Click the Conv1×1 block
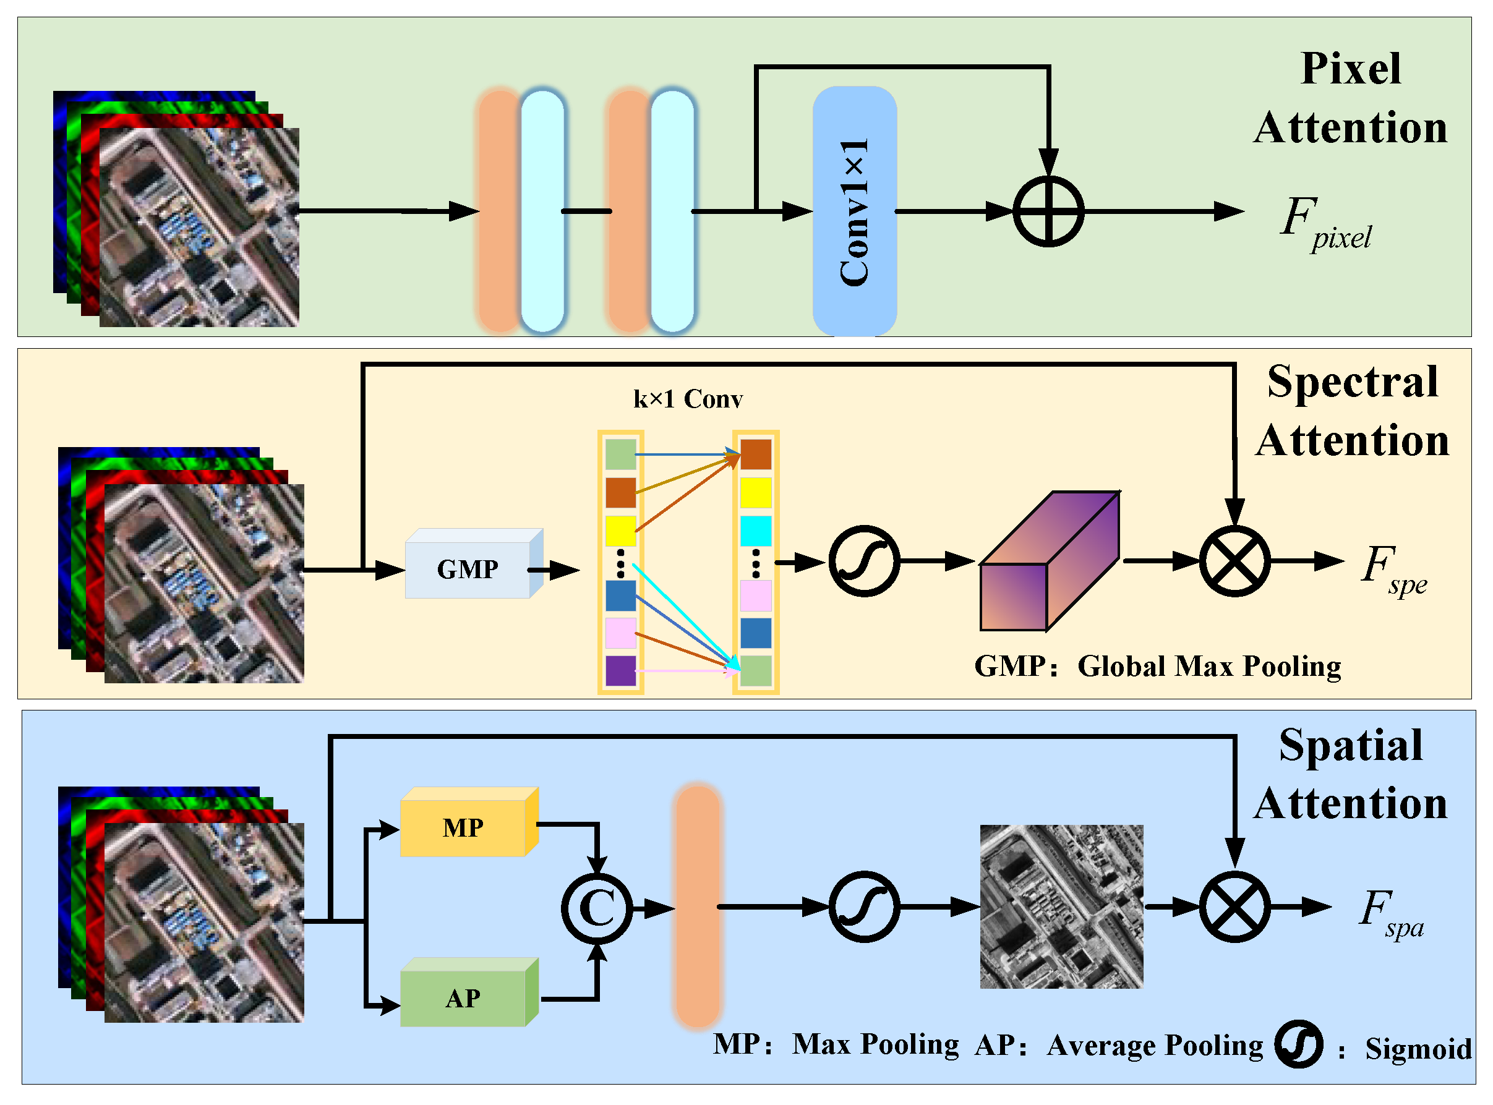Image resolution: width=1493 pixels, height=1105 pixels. pos(854,211)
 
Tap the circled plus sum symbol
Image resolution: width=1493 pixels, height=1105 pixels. pos(1048,211)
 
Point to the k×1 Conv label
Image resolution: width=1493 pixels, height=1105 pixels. pos(688,399)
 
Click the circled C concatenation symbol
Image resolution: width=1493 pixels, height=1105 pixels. pos(596,908)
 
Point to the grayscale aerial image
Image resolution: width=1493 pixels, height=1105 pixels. pos(1061,907)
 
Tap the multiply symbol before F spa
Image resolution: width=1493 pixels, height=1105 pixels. pos(1234,907)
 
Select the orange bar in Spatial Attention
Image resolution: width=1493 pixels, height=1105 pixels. pos(697,907)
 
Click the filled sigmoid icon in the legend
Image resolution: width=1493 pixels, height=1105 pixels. pos(1298,1044)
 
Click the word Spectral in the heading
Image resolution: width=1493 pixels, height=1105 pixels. pos(1352,383)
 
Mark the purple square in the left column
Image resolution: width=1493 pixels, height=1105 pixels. pos(620,670)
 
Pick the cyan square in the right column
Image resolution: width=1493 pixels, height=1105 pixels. pos(755,531)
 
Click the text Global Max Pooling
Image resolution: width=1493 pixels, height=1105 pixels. pos(1208,666)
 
